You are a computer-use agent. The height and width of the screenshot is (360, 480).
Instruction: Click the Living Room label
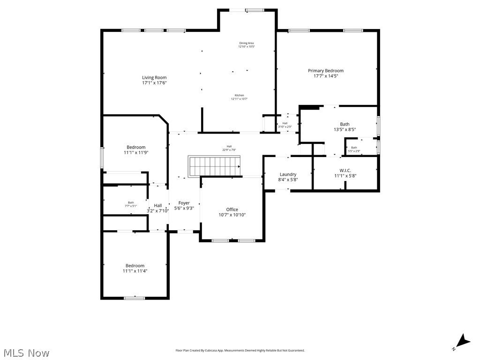click(x=154, y=78)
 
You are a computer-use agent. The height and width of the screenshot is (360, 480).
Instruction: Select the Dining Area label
click(x=246, y=43)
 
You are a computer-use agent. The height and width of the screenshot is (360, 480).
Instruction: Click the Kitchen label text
click(x=239, y=96)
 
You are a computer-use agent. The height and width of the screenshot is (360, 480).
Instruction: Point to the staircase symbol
click(x=215, y=166)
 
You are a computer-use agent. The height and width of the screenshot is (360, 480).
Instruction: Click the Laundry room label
click(x=288, y=174)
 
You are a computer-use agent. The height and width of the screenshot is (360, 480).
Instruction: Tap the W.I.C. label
click(x=345, y=171)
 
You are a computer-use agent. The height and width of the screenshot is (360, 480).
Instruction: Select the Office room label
click(x=232, y=210)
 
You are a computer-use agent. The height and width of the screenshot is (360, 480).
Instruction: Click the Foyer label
click(x=184, y=203)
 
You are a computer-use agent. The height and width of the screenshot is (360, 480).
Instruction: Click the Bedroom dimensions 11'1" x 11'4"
click(x=135, y=271)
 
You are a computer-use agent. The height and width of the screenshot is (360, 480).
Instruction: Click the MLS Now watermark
click(x=26, y=352)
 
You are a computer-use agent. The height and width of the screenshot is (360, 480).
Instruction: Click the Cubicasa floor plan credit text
click(x=240, y=350)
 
